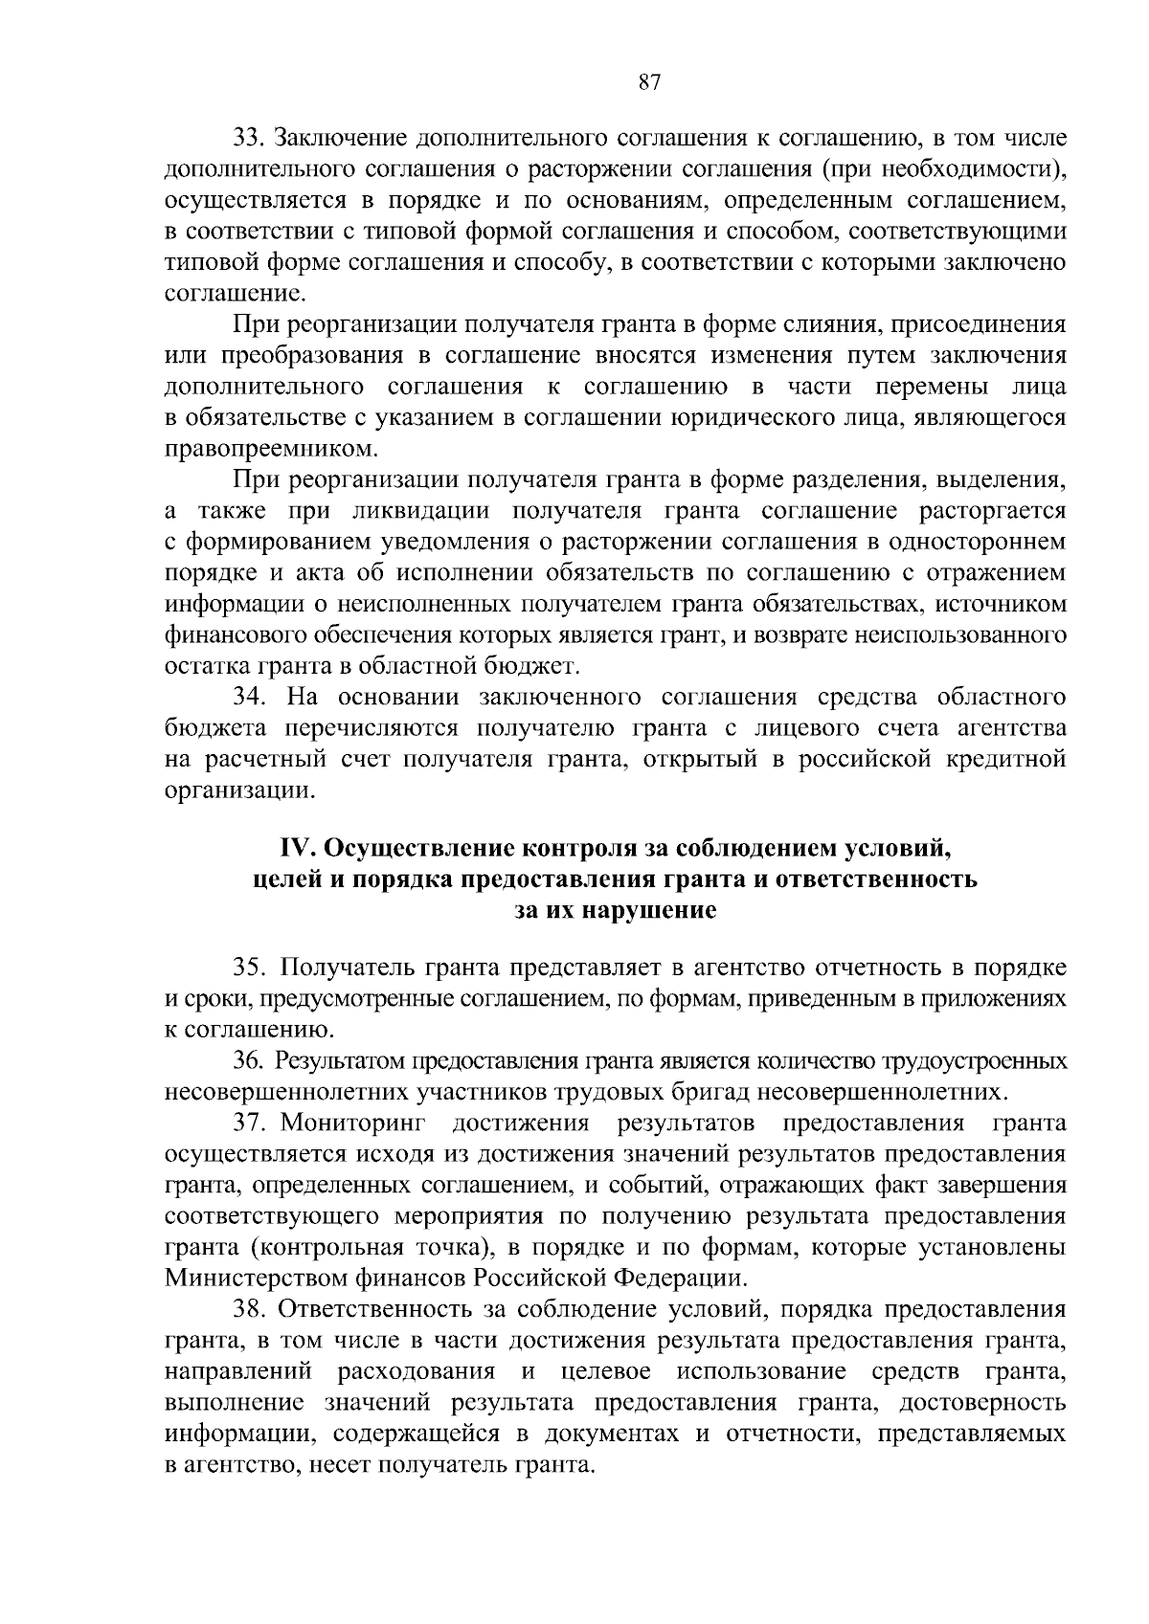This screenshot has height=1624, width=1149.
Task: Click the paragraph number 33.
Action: click(x=248, y=139)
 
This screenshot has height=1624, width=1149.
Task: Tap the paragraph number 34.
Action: click(x=248, y=698)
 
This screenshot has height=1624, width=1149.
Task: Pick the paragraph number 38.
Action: click(x=248, y=1308)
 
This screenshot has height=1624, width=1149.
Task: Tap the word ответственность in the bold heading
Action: click(x=872, y=879)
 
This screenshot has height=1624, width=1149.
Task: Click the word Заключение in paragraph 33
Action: click(x=340, y=139)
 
